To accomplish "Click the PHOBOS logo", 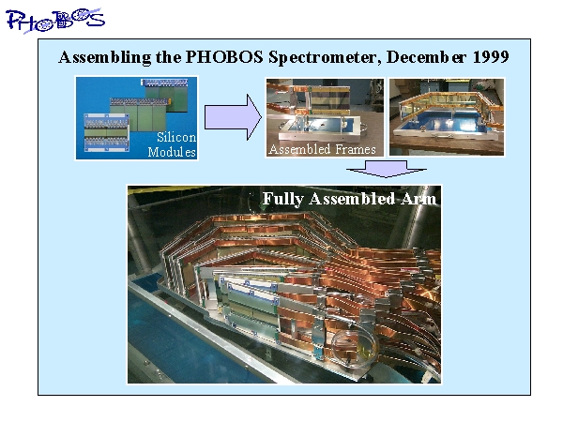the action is point(55,20).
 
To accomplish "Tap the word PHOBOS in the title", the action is point(224,57).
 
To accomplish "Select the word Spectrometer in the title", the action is point(325,58).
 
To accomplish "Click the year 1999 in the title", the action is point(491,57).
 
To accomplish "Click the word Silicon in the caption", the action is point(176,137).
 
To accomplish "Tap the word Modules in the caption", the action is point(172,152).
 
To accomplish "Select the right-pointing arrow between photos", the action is point(233,117).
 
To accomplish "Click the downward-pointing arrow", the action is point(387,169).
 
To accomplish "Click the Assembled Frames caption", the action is point(322,149).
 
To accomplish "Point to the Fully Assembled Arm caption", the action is point(349,199).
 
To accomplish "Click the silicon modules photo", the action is point(136,118).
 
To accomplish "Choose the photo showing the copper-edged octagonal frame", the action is point(447,117).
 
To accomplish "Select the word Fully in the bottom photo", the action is point(283,199).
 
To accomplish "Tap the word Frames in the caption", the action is point(355,149).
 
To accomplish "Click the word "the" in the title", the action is point(168,57).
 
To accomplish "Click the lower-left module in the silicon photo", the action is point(106,132).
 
